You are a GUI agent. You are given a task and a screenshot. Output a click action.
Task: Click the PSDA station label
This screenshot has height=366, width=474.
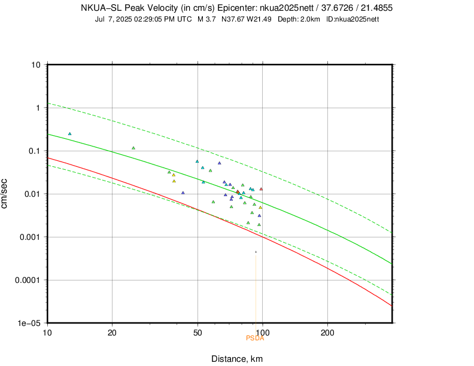click(x=254, y=338)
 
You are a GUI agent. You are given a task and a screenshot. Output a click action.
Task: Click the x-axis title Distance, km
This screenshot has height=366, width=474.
click(x=237, y=359)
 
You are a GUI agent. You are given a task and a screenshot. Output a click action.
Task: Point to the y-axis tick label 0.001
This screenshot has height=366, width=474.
click(x=30, y=237)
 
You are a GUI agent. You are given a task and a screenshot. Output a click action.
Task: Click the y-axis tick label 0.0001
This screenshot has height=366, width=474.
click(x=28, y=280)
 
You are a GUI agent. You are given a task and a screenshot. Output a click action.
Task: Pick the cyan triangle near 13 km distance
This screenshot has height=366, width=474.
click(x=70, y=134)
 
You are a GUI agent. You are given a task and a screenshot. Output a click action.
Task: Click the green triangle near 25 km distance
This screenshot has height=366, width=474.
click(x=133, y=148)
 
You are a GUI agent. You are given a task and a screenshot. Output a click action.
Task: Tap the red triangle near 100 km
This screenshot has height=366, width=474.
click(x=261, y=189)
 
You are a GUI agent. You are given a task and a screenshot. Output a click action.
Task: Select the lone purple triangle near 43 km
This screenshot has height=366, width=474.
click(x=183, y=193)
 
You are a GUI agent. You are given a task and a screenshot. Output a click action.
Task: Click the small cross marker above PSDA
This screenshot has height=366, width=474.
click(x=256, y=252)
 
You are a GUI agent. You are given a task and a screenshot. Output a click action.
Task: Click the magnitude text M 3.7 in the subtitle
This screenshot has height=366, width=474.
click(x=206, y=19)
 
